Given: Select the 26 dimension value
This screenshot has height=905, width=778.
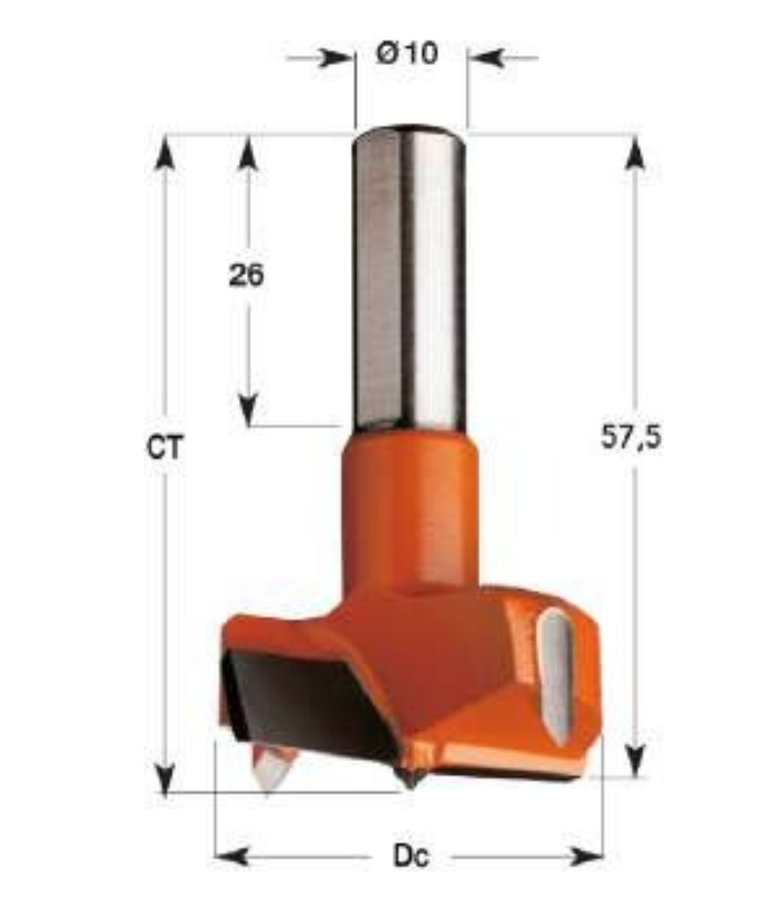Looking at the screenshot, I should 245,276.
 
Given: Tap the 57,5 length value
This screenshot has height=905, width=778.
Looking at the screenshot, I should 631,438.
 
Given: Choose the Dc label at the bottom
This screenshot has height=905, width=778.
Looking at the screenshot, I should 411,857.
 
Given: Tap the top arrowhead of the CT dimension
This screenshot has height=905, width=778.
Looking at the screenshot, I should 165,152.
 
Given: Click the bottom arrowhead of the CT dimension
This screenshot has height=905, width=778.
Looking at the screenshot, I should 165,778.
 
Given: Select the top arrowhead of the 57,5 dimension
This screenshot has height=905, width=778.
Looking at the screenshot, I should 636,152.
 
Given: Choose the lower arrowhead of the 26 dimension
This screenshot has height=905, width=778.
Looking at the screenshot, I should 247,410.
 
